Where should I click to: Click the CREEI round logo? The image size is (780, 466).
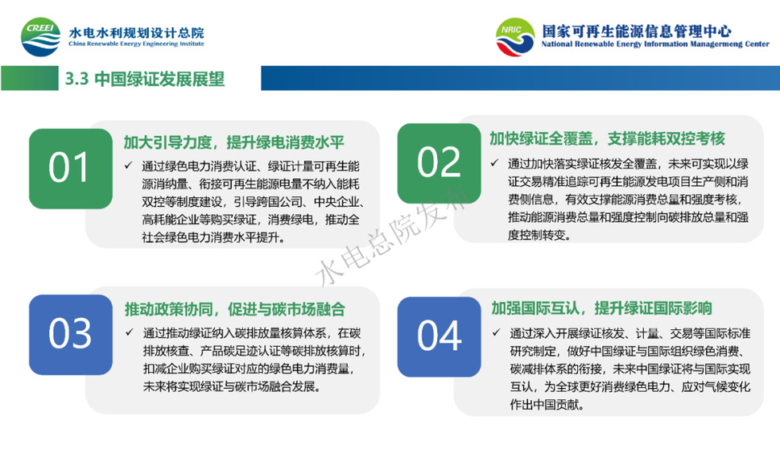41,37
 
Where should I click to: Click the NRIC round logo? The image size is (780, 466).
515,37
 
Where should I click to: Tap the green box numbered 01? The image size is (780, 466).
71,168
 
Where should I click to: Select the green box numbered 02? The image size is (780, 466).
440,163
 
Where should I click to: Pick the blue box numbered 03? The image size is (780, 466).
71,335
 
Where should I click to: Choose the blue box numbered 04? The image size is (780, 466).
440,336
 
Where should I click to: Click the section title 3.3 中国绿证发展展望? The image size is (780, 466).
145,79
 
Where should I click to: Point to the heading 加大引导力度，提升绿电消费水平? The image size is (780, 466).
233,142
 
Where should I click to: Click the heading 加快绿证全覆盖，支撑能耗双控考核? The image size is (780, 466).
607,138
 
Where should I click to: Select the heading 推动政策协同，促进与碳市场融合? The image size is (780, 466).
234,309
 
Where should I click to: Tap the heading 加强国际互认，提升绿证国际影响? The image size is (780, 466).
601,307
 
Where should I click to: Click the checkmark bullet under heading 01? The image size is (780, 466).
129,165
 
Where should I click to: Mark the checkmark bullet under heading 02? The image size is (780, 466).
494,163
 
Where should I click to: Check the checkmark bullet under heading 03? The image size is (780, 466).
130,332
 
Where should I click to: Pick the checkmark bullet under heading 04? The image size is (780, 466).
496,332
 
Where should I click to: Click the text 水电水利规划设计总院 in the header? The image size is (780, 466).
136,32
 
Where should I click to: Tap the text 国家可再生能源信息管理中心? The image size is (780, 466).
636,31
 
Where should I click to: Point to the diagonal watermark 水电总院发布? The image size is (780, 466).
392,237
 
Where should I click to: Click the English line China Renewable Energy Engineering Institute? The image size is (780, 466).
136,43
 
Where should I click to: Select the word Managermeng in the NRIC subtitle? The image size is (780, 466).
718,43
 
